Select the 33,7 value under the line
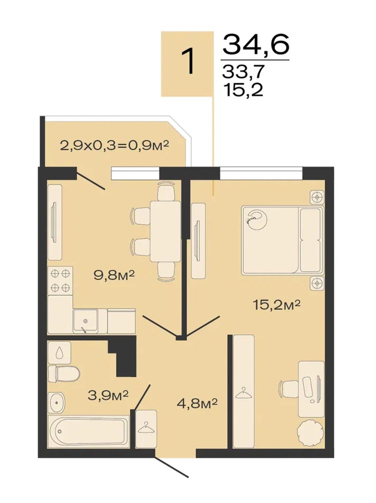[x=243, y=71]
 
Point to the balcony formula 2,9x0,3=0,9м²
[x=114, y=145]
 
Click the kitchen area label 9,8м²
[x=114, y=276]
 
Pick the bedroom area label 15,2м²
[x=276, y=305]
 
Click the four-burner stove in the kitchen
[x=60, y=280]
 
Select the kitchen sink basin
[x=85, y=321]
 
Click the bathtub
[x=89, y=431]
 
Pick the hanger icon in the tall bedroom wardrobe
[x=244, y=391]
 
